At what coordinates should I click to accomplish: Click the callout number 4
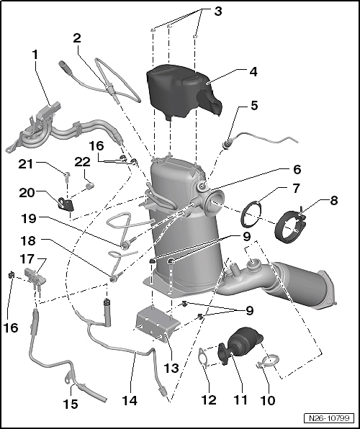[253, 72]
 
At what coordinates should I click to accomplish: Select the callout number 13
[171, 368]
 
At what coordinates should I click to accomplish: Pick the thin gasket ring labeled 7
[251, 214]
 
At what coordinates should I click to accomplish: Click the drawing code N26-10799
[329, 418]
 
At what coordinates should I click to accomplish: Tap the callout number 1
[35, 55]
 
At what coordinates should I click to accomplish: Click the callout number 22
[82, 162]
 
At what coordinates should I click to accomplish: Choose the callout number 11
[240, 399]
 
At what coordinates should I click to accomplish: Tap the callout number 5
[254, 105]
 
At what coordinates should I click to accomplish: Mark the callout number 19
[29, 218]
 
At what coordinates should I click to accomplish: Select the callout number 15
[71, 404]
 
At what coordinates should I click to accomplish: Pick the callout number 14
[129, 401]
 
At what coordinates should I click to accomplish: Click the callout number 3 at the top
[218, 12]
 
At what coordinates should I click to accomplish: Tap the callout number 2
[77, 38]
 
